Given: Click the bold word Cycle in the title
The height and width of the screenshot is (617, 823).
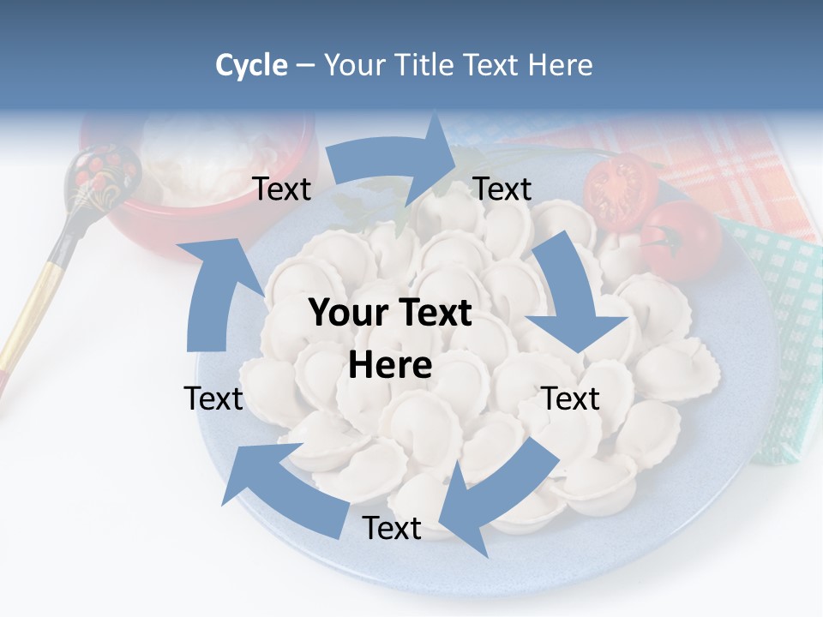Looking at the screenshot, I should pyautogui.click(x=251, y=65).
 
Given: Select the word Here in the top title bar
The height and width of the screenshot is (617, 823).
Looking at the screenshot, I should pyautogui.click(x=561, y=65).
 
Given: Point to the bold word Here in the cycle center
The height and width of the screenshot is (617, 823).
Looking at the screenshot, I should pyautogui.click(x=390, y=365).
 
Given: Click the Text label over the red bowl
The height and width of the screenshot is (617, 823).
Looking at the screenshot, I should pyautogui.click(x=282, y=189).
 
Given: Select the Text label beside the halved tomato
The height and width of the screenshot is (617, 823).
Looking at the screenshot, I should pyautogui.click(x=502, y=189).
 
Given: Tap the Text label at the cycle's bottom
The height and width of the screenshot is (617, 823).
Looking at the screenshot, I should pyautogui.click(x=392, y=528).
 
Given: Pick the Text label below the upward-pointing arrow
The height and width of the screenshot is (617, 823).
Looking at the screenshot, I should pyautogui.click(x=213, y=398).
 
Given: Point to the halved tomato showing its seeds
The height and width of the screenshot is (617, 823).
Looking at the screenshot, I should pyautogui.click(x=620, y=190).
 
